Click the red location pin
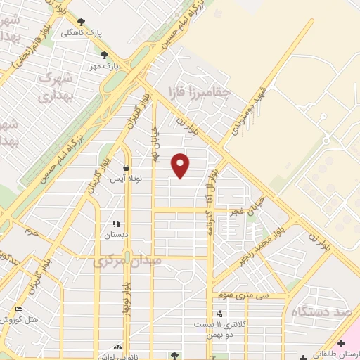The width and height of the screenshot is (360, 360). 181,165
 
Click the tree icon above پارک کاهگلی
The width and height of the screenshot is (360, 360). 82,22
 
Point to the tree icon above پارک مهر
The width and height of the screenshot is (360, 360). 105,55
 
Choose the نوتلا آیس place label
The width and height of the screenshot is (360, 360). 126,179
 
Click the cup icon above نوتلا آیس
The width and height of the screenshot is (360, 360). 126,168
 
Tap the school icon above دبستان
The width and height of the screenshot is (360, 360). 116,224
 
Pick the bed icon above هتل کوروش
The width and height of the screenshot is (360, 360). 18,309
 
